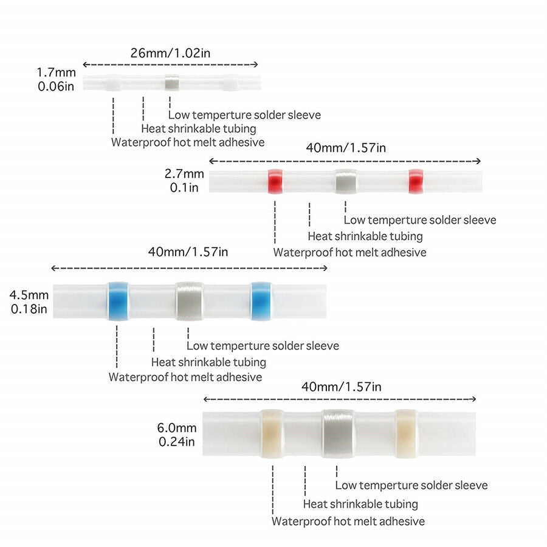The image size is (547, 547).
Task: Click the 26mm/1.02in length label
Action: coord(170,53)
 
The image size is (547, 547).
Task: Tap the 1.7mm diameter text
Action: coord(56,72)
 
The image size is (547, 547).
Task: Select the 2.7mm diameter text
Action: coord(184,174)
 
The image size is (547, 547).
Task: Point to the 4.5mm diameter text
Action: coord(29,295)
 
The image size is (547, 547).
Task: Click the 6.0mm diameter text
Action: coord(177,428)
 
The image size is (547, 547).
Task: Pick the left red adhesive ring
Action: coord(275,181)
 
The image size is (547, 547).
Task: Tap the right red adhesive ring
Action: coord(416,181)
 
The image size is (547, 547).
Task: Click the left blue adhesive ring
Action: coord(118,301)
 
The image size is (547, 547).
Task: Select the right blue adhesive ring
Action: coord(261,301)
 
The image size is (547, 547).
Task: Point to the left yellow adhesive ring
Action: coord(273,433)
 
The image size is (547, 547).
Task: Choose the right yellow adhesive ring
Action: coord(407,433)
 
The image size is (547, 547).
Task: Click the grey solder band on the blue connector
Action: coord(190,301)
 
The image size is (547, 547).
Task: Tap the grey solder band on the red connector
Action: coord(346,181)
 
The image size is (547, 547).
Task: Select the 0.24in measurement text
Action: coord(177,442)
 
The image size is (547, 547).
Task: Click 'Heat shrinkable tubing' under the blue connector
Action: coord(208,362)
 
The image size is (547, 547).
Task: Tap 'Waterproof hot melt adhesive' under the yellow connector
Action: coord(348,521)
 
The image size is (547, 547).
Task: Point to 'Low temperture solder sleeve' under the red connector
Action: coord(420,220)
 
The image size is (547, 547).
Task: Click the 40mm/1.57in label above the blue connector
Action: coord(188,252)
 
